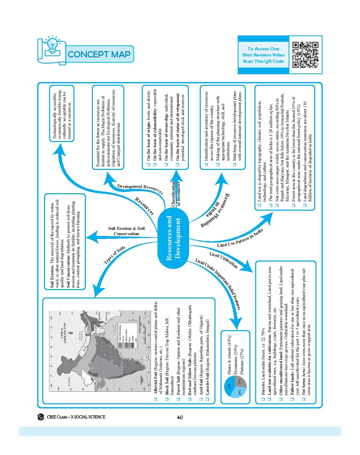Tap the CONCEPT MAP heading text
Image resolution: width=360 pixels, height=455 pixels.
point(99,54)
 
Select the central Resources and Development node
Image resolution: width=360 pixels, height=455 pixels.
point(173,237)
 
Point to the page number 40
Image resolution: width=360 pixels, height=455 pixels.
point(180,417)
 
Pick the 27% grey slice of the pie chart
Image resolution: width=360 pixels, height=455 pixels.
point(241,382)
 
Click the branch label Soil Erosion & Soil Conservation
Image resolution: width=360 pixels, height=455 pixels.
point(126,231)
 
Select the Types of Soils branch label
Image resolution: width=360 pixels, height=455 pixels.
point(114,255)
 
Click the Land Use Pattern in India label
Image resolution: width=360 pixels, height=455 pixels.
point(240,238)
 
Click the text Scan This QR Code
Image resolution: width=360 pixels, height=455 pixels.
point(263,61)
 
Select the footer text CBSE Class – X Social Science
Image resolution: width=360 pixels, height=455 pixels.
point(76,417)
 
